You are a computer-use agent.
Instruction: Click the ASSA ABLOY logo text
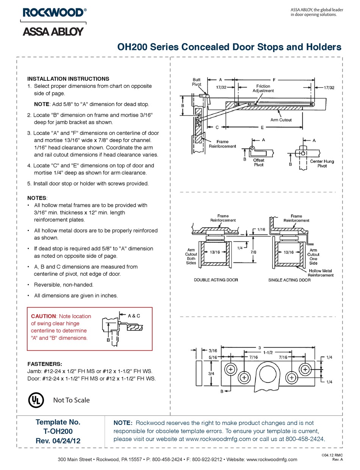[53, 31]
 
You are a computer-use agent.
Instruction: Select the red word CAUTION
[43, 316]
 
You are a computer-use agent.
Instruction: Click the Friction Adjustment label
[263, 89]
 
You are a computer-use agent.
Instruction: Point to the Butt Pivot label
[196, 82]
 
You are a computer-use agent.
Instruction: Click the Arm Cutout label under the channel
[281, 120]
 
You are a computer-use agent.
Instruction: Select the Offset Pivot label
[258, 162]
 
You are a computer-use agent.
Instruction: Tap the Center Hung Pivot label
[322, 164]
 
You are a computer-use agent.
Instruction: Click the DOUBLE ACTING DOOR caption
[216, 280]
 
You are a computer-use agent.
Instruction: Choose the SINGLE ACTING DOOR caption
[290, 280]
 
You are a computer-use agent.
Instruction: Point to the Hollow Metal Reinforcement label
[320, 273]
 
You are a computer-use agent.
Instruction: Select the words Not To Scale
[71, 400]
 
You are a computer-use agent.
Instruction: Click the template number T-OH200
[58, 431]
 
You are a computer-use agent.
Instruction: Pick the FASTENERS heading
[44, 364]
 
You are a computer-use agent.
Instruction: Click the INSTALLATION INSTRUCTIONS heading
[68, 79]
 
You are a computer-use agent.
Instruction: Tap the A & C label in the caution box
[134, 315]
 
